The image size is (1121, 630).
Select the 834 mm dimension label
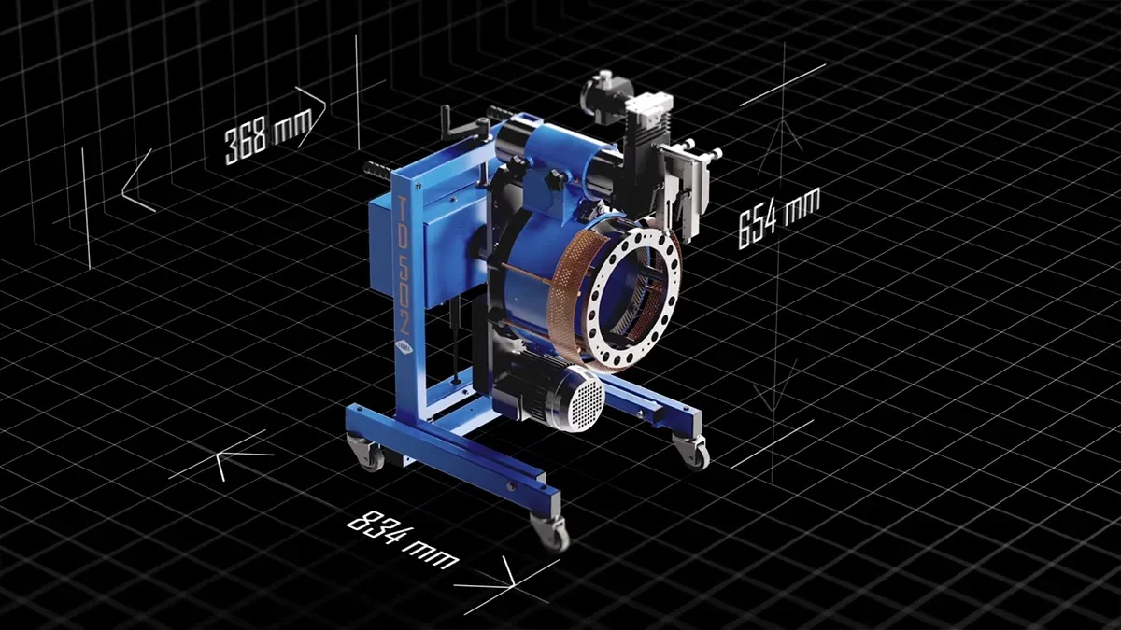[403, 539]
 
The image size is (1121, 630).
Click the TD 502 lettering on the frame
[404, 264]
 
